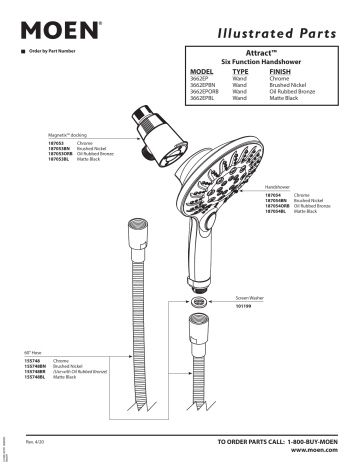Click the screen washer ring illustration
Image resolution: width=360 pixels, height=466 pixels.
tap(199, 300)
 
